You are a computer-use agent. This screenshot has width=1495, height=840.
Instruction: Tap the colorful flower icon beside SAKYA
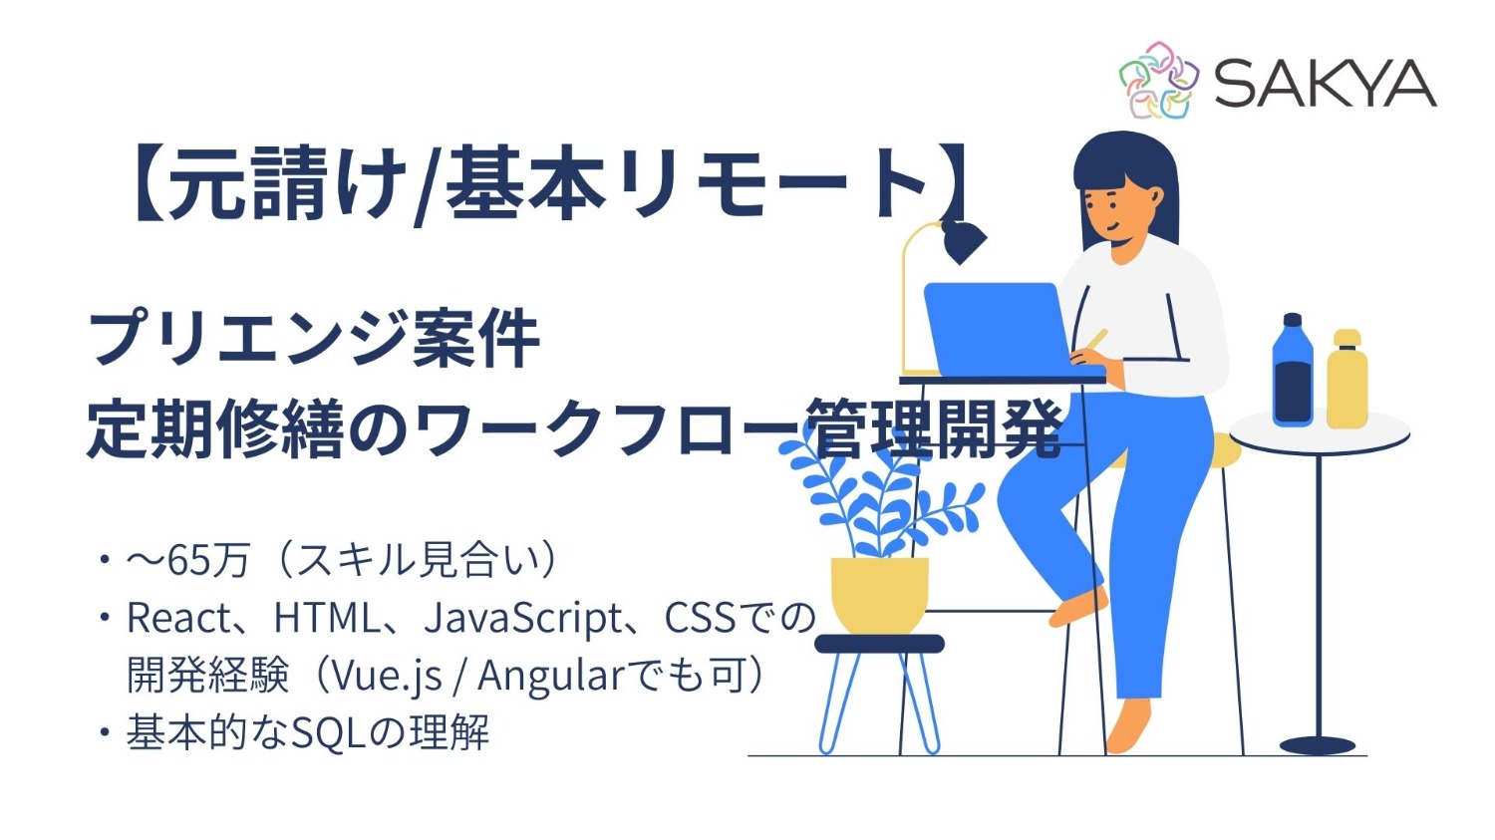click(1156, 80)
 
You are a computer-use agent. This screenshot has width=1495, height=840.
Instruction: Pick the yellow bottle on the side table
click(1346, 380)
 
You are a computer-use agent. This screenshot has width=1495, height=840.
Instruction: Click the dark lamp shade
click(962, 240)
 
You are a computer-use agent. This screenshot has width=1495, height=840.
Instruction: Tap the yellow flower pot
click(879, 594)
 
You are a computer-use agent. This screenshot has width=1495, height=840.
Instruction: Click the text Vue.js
click(387, 677)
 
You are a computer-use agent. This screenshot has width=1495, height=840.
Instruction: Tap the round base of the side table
click(1318, 745)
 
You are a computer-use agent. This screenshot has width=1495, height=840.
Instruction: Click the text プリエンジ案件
click(314, 339)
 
